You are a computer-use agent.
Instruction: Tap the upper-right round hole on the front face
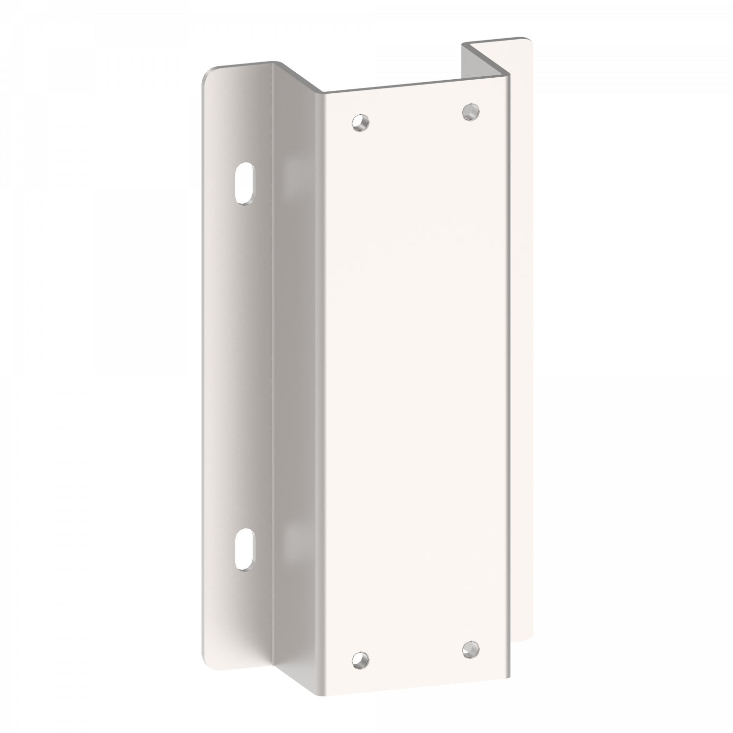pos(470,111)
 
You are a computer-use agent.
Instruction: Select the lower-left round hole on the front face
pos(360,660)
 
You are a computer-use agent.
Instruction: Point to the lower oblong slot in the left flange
pos(243,549)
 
